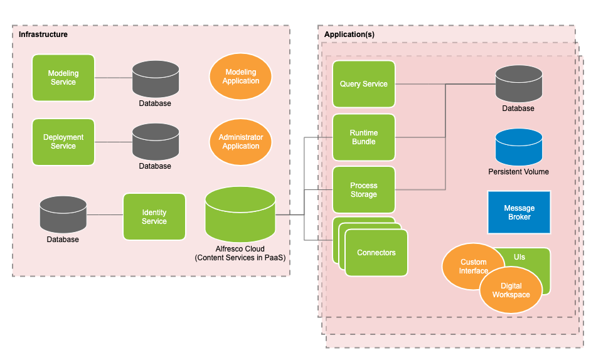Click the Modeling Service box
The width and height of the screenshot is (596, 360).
63,78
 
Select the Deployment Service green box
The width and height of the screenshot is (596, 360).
63,142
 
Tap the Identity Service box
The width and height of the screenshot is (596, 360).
154,217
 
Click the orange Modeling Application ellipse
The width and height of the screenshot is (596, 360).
241,77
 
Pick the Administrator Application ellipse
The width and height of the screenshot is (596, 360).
241,142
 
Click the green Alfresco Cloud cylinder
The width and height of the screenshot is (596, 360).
240,214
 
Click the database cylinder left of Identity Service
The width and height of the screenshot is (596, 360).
63,214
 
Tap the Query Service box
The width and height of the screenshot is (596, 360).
364,84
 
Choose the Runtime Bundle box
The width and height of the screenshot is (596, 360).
364,137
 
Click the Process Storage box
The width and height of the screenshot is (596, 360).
364,190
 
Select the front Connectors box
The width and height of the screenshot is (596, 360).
376,253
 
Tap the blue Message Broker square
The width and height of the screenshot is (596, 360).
519,213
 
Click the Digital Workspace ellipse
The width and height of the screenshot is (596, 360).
511,290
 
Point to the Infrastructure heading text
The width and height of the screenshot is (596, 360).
43,34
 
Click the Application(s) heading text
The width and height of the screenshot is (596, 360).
349,34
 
